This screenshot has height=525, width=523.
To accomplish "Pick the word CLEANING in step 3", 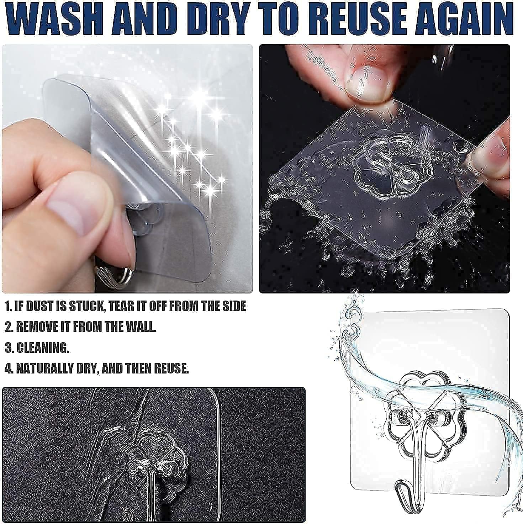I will (x=43, y=348).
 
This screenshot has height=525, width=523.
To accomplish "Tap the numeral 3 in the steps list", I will (x=9, y=348).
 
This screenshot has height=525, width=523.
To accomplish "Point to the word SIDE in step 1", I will (x=233, y=306).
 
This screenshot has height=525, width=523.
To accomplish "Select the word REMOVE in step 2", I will (x=39, y=327).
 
